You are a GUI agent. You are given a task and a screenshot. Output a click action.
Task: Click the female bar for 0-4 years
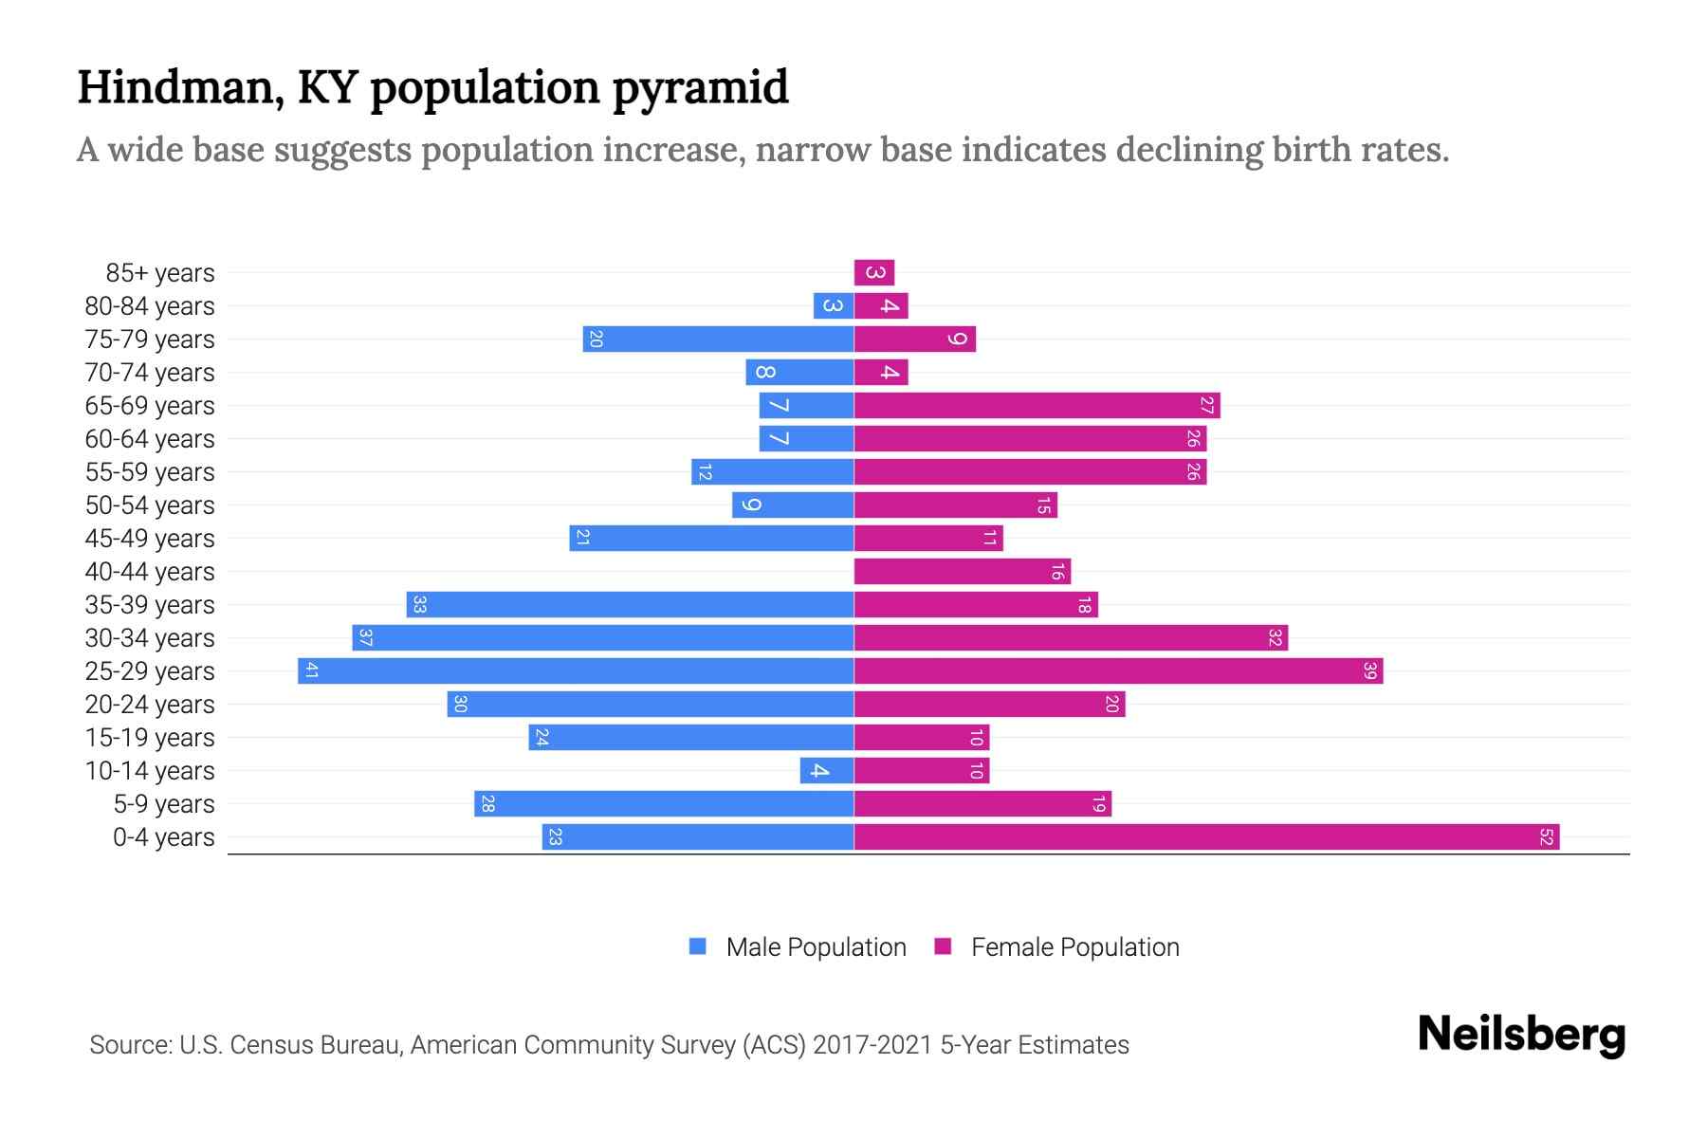(x=1206, y=837)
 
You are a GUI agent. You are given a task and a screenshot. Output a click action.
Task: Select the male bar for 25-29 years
(x=576, y=671)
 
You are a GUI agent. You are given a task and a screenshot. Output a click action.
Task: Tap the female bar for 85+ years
(x=874, y=273)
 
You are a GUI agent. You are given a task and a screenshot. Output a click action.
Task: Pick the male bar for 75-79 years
(x=718, y=340)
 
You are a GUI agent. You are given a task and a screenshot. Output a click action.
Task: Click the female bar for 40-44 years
(x=962, y=572)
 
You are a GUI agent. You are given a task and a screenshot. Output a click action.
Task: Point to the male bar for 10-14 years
(x=827, y=771)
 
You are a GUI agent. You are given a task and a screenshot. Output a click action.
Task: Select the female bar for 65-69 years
(x=1037, y=406)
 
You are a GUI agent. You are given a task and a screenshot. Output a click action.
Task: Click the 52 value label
(x=1546, y=837)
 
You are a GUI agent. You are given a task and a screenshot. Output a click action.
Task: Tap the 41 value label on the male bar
(x=311, y=671)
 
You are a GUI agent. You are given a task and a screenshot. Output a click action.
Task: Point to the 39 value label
(x=1369, y=671)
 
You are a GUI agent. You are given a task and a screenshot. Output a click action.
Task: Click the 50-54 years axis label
(x=150, y=505)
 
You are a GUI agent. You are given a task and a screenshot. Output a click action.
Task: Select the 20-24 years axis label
(x=150, y=705)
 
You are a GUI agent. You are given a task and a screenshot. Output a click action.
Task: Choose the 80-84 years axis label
(x=150, y=306)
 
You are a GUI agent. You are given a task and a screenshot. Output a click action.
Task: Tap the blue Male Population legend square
(x=698, y=946)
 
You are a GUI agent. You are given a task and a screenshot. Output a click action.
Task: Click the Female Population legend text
(x=1074, y=946)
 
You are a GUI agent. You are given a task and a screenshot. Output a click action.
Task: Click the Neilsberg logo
(x=1521, y=1035)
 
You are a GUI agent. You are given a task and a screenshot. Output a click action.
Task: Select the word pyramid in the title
(x=700, y=88)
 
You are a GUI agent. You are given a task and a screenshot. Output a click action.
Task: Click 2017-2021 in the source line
(x=872, y=1045)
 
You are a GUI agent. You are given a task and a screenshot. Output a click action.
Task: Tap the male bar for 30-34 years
(x=602, y=638)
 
